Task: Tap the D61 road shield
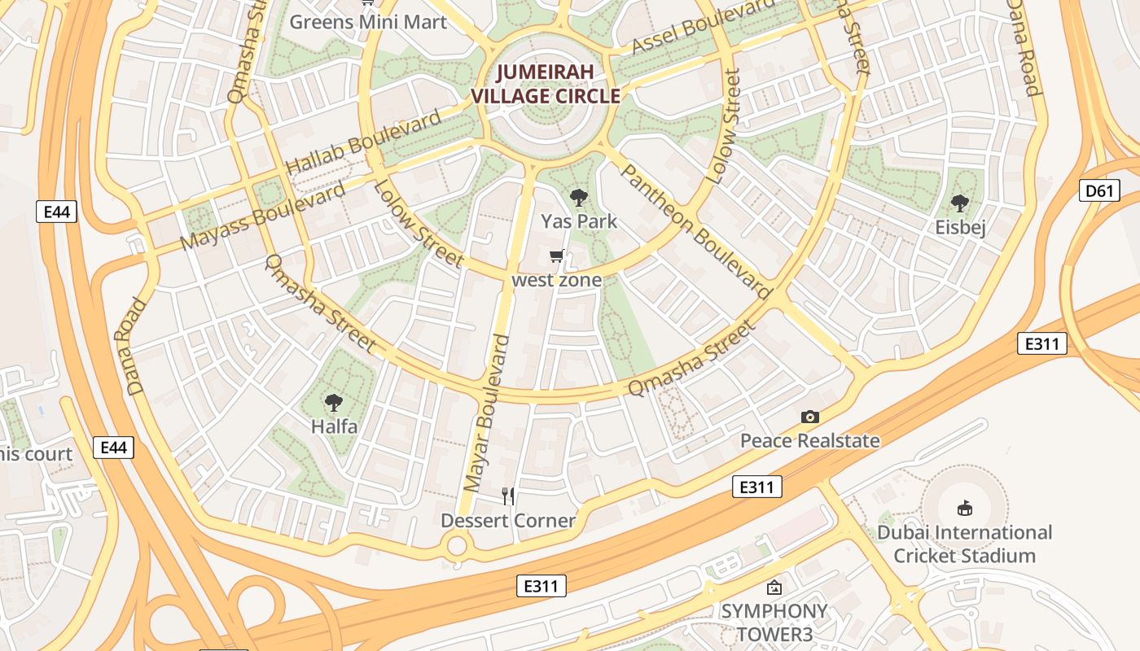click(x=1099, y=191)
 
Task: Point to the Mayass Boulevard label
click(x=262, y=216)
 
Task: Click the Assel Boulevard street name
click(x=704, y=27)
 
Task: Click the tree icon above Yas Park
click(x=579, y=197)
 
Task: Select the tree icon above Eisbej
click(x=960, y=203)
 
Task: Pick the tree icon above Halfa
click(x=333, y=402)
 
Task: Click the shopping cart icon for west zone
click(x=557, y=257)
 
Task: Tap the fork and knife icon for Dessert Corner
click(x=508, y=496)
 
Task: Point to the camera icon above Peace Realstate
click(x=809, y=417)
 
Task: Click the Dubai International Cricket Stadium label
click(x=965, y=544)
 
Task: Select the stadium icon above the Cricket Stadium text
click(x=965, y=509)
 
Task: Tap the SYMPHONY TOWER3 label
click(x=774, y=622)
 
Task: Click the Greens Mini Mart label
click(x=368, y=21)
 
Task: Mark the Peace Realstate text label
click(x=809, y=441)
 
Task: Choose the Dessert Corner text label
click(x=508, y=521)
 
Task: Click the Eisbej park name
click(x=960, y=228)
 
